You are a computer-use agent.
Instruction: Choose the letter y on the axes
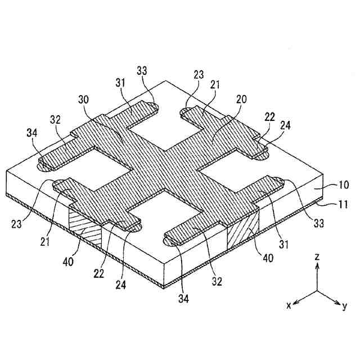[x=344, y=306]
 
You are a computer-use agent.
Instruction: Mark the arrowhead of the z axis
[x=317, y=266]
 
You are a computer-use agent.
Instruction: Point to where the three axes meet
[x=317, y=291]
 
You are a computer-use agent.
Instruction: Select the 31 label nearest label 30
[x=121, y=83]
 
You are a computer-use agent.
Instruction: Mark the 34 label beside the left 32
[x=33, y=133]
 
